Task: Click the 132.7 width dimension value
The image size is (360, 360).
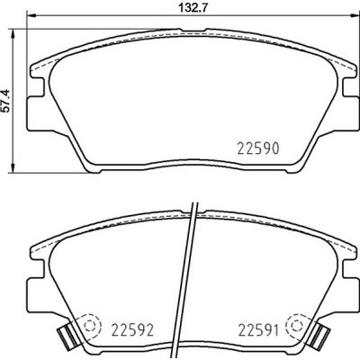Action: click(x=193, y=7)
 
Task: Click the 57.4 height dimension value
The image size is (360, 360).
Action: click(x=7, y=101)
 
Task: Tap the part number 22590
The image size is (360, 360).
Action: click(x=258, y=148)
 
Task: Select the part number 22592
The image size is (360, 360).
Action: click(x=132, y=330)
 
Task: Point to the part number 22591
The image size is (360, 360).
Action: click(x=258, y=330)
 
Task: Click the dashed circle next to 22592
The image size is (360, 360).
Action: click(x=90, y=326)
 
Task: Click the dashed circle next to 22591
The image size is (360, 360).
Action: click(x=297, y=325)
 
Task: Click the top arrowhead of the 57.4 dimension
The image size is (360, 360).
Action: click(x=13, y=33)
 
